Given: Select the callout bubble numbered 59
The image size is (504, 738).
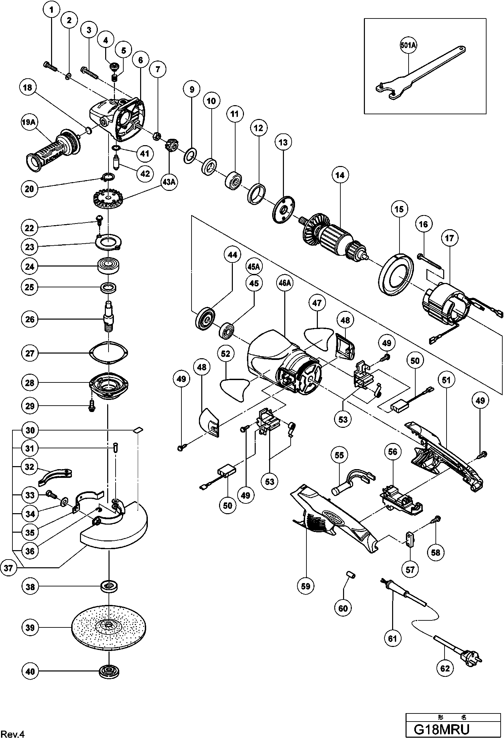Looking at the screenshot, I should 306,586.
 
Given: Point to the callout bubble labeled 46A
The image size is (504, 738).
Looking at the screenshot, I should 285,283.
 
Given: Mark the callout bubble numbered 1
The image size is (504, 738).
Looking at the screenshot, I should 51,10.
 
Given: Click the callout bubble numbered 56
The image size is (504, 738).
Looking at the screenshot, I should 392,452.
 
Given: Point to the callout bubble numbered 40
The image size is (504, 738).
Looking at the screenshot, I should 30,671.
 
